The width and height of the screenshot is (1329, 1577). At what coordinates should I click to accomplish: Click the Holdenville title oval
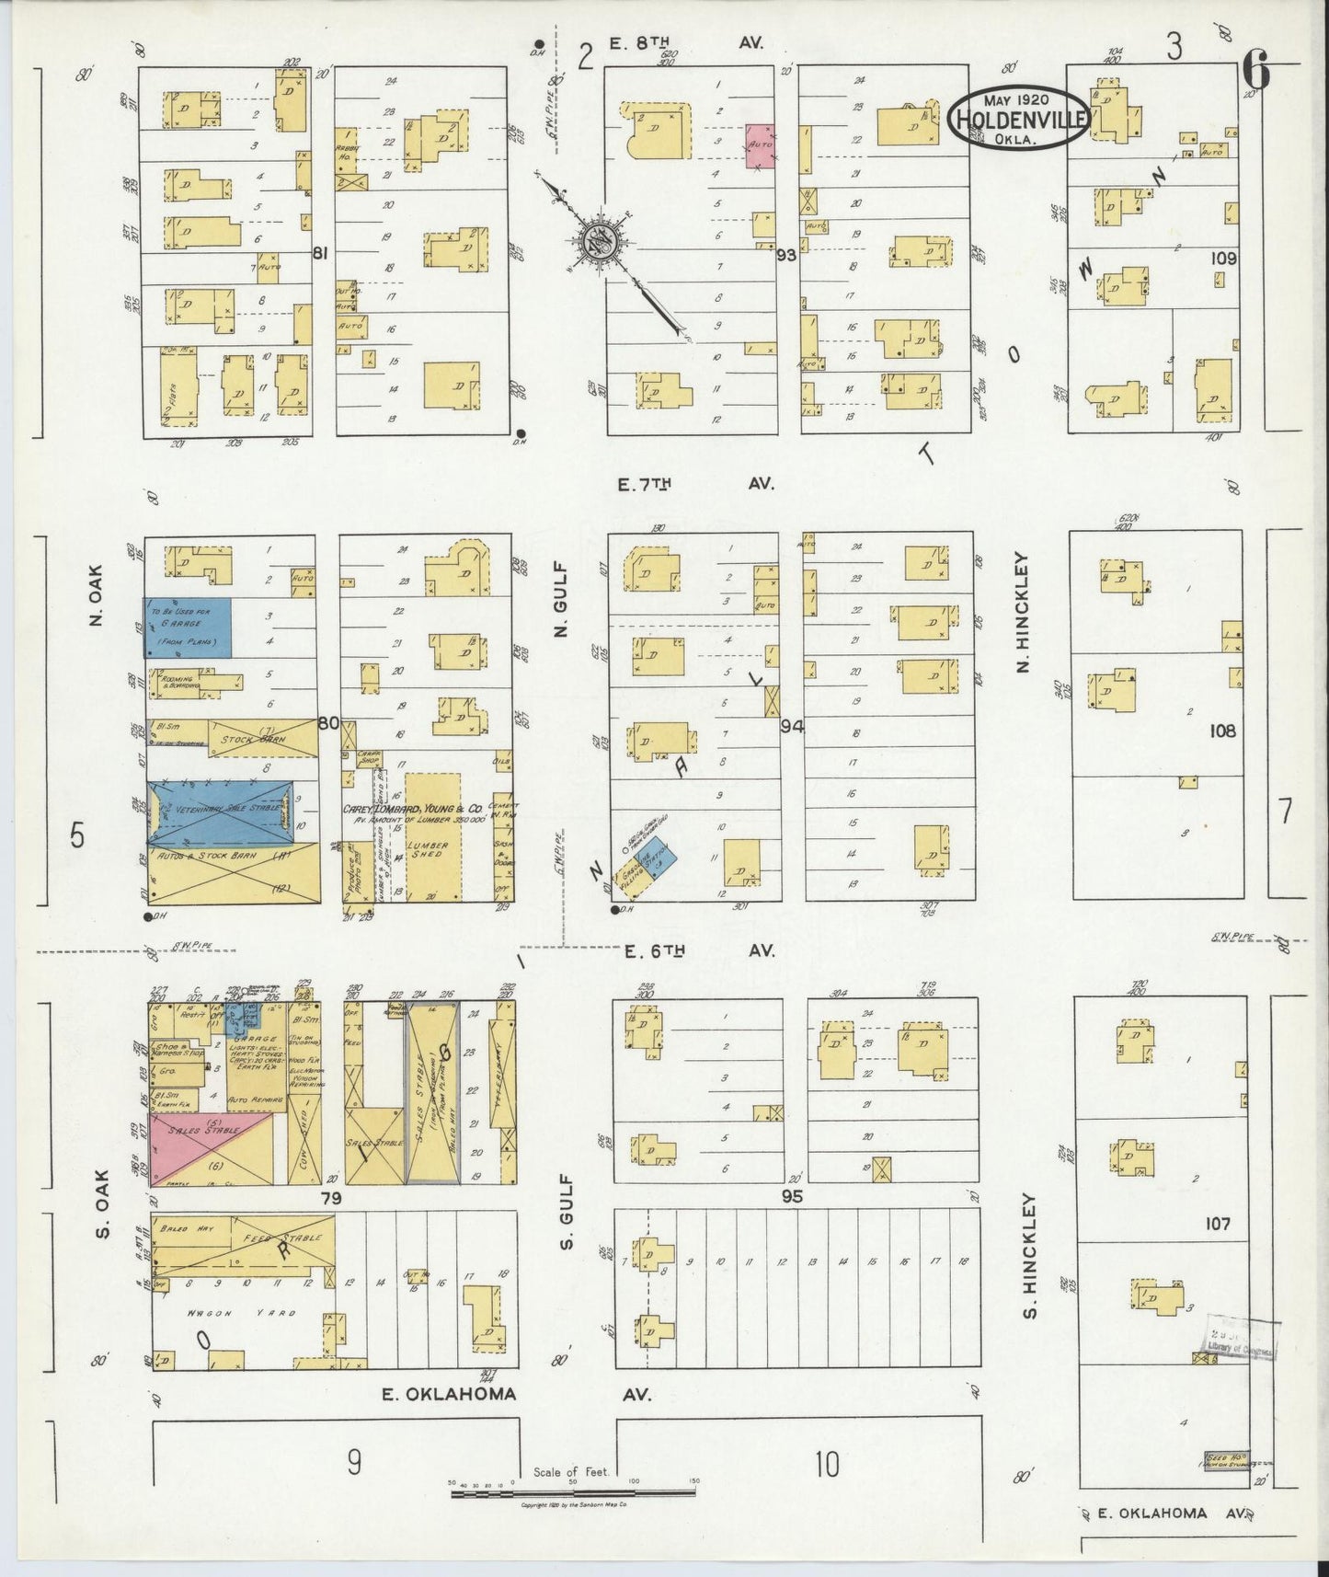pos(1019,118)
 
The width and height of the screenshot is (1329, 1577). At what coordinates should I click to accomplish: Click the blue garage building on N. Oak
pos(187,627)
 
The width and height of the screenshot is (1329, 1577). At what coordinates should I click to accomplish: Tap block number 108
pos(1223,731)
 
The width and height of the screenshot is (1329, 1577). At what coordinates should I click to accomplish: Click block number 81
pos(320,254)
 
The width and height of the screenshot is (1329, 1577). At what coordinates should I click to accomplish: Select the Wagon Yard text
pos(242,1313)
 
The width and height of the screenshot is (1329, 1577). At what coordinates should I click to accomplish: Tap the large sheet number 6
pos(1255,69)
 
